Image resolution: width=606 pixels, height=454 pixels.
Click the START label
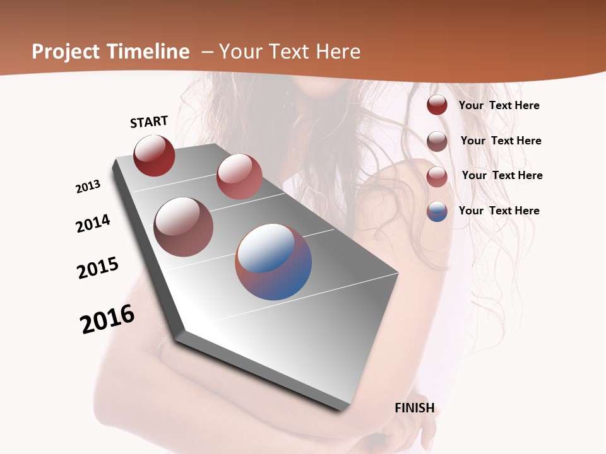149,122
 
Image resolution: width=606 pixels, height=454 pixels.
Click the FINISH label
415,408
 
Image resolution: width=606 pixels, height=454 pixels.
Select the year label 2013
88,187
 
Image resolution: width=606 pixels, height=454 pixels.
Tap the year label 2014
93,223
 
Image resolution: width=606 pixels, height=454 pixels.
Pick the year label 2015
98,268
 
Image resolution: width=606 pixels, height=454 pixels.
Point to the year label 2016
107,319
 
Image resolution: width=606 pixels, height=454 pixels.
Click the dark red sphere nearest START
154,155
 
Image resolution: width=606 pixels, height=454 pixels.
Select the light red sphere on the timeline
239,176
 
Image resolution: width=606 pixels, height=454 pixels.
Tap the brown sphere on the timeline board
184,227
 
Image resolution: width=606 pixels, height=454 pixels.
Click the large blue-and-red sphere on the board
273,262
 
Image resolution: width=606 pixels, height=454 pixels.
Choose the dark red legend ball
437,105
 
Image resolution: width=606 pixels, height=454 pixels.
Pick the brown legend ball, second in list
437,141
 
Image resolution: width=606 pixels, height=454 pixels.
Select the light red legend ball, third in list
437,177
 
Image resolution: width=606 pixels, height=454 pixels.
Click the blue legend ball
437,211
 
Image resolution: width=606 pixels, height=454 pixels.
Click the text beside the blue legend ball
499,211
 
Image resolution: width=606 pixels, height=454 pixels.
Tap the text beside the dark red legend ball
499,105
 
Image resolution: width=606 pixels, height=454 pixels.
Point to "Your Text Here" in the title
289,52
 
